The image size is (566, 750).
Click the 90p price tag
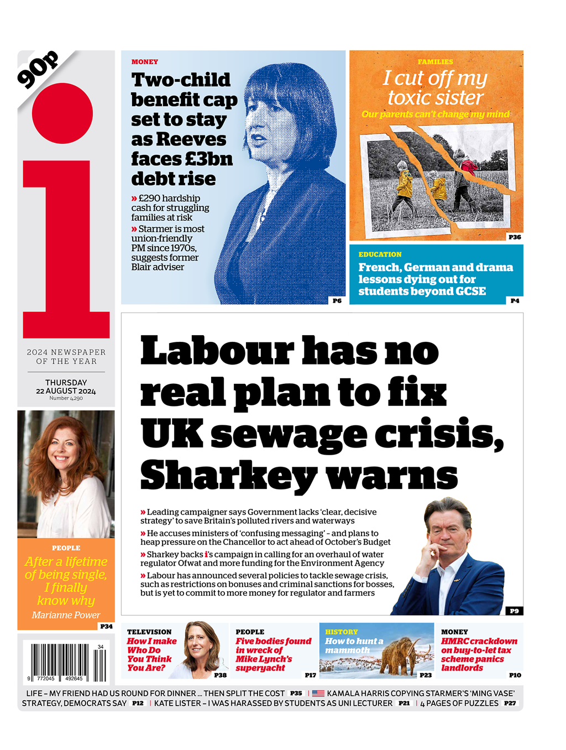[38, 70]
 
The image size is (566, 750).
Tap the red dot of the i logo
[62, 113]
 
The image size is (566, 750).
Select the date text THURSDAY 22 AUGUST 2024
[66, 387]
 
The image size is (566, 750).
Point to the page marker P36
[515, 237]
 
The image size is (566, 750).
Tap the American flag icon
[318, 693]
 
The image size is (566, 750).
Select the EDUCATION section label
[380, 254]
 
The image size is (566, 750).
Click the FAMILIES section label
[436, 62]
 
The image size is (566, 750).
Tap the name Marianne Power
[66, 615]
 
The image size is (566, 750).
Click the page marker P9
[514, 611]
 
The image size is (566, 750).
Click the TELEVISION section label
[149, 632]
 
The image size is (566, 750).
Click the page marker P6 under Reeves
[337, 300]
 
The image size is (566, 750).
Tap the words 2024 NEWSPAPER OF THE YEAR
[66, 357]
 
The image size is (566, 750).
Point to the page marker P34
[106, 626]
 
